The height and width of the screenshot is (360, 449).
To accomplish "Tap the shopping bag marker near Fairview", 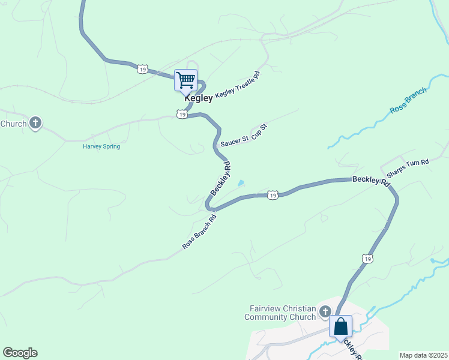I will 340,327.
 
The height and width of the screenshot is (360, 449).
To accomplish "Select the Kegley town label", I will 198,98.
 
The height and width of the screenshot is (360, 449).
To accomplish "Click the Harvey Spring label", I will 101,146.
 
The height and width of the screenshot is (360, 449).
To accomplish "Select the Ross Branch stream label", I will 408,101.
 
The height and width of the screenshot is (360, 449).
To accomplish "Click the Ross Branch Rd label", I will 199,232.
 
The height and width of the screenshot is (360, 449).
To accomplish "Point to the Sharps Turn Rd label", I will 408,169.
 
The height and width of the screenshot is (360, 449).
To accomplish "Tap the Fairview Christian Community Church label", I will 282,313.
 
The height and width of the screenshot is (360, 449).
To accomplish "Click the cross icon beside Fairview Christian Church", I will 325,311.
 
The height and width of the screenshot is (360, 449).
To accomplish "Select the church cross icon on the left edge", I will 35,123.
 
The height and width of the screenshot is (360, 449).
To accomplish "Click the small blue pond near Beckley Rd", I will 241,183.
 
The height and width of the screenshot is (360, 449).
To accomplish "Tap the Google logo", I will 20,353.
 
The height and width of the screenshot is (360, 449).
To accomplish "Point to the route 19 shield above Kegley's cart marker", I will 142,69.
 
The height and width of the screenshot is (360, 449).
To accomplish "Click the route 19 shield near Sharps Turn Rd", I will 367,258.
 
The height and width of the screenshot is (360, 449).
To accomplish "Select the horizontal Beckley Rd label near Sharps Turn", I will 370,180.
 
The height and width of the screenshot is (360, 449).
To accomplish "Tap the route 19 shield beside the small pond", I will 273,195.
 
